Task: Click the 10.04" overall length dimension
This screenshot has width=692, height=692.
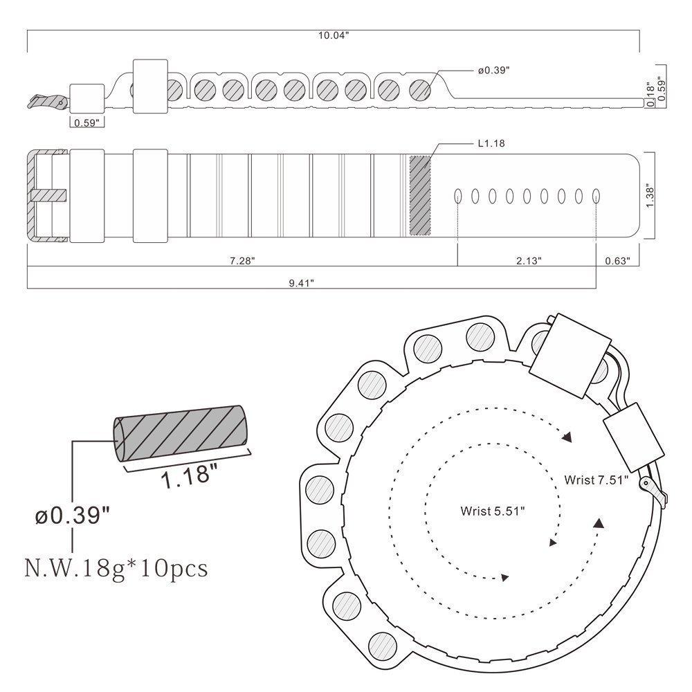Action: [x=334, y=35]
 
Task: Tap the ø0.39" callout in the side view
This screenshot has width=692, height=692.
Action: [x=494, y=71]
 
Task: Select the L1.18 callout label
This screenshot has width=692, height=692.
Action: [x=491, y=143]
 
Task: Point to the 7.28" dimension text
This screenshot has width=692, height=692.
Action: [x=242, y=261]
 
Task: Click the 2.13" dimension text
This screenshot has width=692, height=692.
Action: [x=529, y=261]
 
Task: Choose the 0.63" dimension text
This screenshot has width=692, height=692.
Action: [x=617, y=261]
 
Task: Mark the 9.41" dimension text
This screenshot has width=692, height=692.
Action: [x=302, y=283]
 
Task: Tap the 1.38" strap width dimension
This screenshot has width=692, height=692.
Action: [x=650, y=197]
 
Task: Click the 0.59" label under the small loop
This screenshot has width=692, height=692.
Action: [x=87, y=122]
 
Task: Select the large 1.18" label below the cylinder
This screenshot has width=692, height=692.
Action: [x=189, y=477]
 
